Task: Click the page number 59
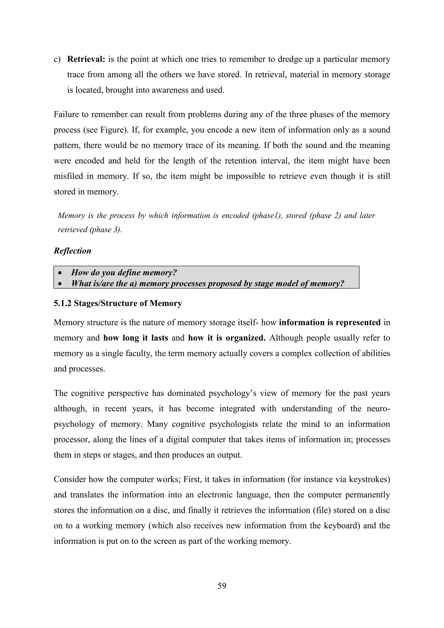pos(222,585)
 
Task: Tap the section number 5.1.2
pos(63,303)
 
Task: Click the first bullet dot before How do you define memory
pos(60,273)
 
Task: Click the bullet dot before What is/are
pos(60,284)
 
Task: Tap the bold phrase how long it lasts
pos(135,338)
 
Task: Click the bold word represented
pos(358,322)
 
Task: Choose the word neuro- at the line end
pos(379,408)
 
